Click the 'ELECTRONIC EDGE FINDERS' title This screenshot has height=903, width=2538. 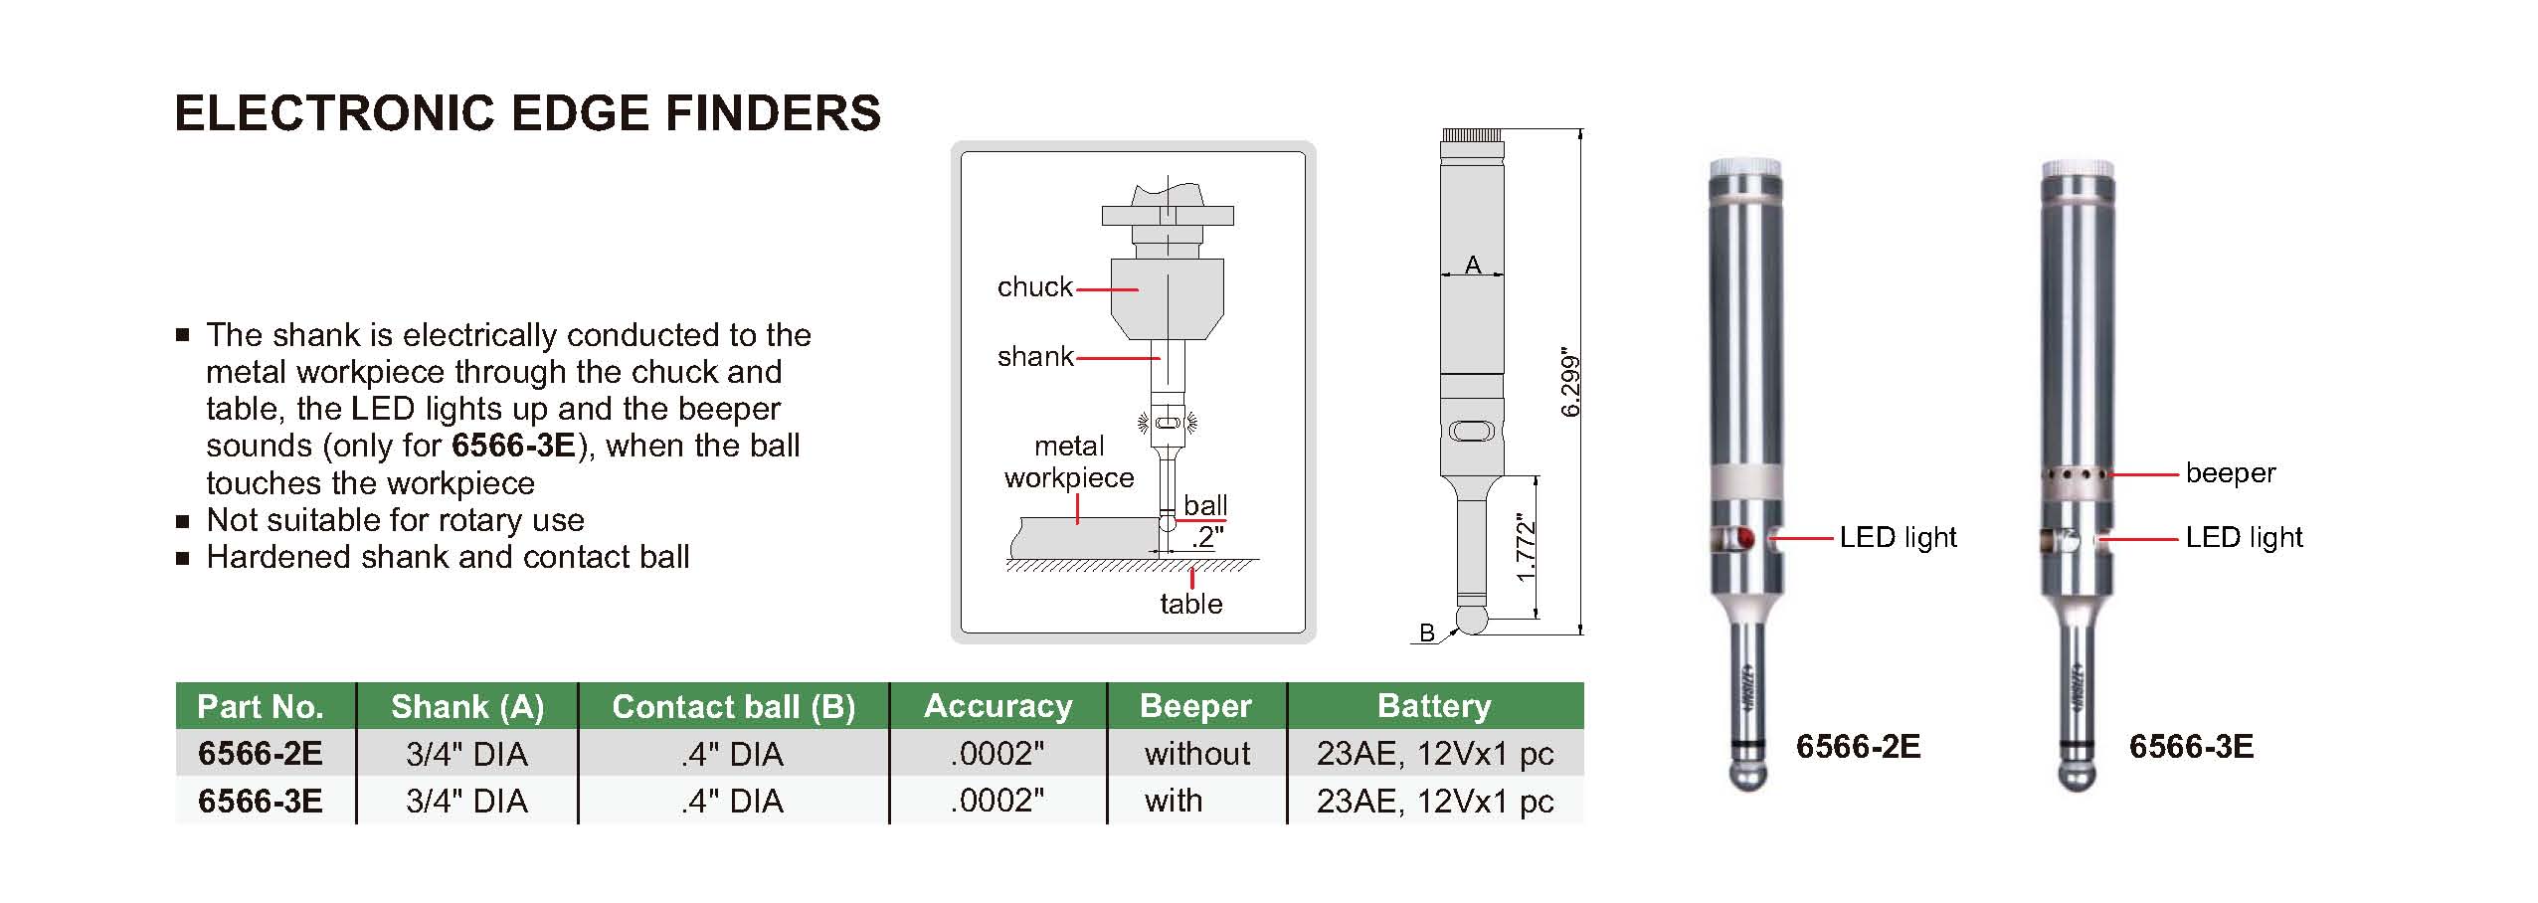pyautogui.click(x=527, y=113)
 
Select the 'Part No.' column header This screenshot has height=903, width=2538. pyautogui.click(x=261, y=706)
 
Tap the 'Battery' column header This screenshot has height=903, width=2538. pyautogui.click(x=1434, y=706)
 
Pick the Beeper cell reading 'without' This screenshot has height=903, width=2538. pyautogui.click(x=1196, y=754)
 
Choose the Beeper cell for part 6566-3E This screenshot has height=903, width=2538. pyautogui.click(x=1174, y=801)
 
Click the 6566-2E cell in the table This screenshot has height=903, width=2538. pyautogui.click(x=261, y=754)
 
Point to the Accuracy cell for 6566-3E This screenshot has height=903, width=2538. pyautogui.click(x=997, y=801)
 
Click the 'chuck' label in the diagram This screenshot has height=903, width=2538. pyautogui.click(x=1034, y=287)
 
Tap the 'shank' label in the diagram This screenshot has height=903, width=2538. pyautogui.click(x=1034, y=356)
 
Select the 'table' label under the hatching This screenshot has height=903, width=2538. pyautogui.click(x=1190, y=604)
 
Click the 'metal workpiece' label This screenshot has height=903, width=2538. pyautogui.click(x=1069, y=462)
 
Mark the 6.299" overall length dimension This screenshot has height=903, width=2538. pyautogui.click(x=1570, y=383)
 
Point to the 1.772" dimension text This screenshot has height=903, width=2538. pyautogui.click(x=1527, y=547)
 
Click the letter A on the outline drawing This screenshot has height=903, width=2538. pyautogui.click(x=1473, y=265)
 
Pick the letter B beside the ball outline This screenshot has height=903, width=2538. pyautogui.click(x=1427, y=632)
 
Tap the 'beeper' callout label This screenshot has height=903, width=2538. pyautogui.click(x=2230, y=473)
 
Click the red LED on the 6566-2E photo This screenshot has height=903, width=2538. pyautogui.click(x=1745, y=540)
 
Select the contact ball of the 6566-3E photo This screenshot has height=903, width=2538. pyautogui.click(x=2077, y=775)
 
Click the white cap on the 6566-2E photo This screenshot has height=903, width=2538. pyautogui.click(x=1745, y=168)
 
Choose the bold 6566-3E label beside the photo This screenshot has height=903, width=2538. pyautogui.click(x=2191, y=747)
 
